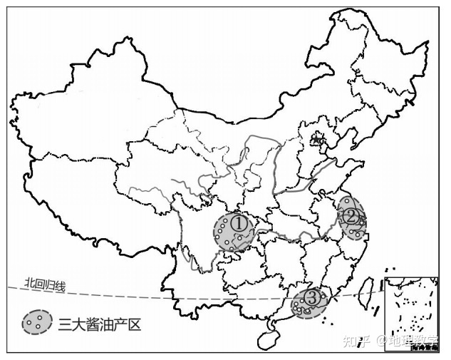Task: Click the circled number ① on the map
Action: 240,223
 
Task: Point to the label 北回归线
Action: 44,285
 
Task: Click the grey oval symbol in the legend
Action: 36,322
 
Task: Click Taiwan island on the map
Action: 369,292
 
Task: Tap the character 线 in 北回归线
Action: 61,286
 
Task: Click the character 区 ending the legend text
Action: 135,324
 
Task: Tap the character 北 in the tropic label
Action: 28,284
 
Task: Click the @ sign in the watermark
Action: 381,340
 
